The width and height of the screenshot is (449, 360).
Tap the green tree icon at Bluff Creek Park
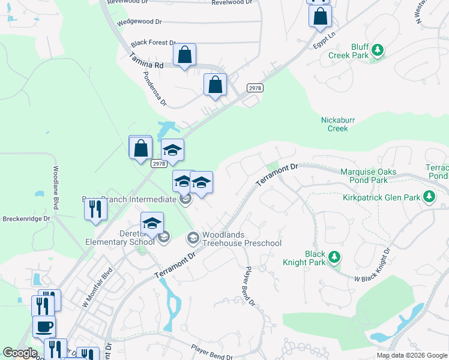click(377, 50)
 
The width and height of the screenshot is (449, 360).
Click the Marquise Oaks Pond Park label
click(368, 176)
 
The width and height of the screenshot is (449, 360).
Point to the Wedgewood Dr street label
click(140, 22)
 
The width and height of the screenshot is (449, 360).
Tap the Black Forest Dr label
click(153, 43)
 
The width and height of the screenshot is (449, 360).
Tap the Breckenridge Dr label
click(26, 219)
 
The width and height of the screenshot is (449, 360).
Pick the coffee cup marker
click(44, 327)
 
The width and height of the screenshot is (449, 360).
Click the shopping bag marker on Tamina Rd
click(184, 55)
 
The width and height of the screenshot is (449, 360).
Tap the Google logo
click(20, 353)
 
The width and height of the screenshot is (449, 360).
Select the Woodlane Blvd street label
click(55, 187)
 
